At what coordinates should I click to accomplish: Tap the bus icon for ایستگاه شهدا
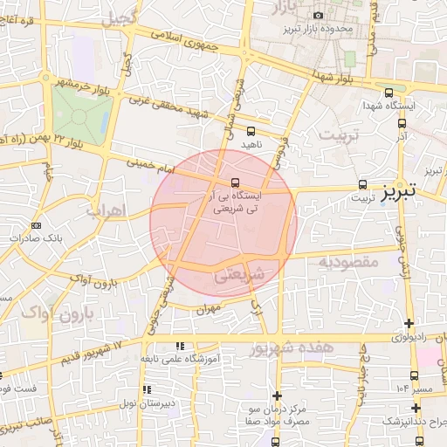[389, 92]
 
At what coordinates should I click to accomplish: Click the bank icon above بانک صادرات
[36, 226]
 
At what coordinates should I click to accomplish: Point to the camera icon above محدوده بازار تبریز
[318, 15]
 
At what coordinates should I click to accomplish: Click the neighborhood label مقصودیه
[347, 260]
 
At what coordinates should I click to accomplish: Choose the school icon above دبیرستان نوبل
[147, 389]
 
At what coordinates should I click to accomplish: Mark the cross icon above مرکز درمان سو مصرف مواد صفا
[277, 395]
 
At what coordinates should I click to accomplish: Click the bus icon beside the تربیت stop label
[362, 184]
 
